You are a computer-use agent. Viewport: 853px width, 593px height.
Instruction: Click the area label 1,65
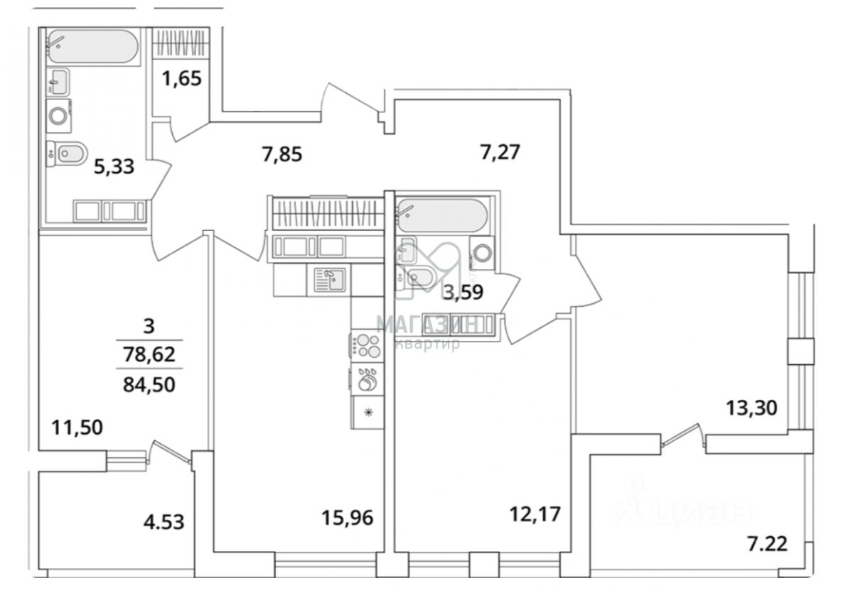(x=183, y=76)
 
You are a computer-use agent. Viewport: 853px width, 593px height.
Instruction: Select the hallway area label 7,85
(x=282, y=153)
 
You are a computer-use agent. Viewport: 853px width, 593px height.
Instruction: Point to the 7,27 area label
(x=502, y=152)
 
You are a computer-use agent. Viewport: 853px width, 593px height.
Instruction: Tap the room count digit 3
(x=148, y=327)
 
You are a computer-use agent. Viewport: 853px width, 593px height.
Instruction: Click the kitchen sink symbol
(x=329, y=279)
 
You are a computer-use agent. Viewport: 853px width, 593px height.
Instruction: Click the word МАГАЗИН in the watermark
(x=426, y=325)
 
